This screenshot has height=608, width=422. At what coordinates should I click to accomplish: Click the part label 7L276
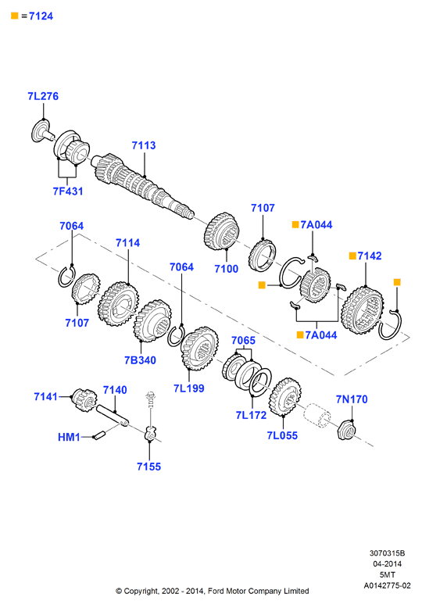point(43,96)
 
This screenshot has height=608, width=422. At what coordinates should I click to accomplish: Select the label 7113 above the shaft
point(144,145)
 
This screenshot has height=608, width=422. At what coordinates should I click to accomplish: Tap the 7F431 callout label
point(68,191)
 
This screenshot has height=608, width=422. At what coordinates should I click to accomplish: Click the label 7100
point(226,269)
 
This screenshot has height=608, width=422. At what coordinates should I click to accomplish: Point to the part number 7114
point(127,243)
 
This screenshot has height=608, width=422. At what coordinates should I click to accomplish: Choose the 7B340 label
point(140,360)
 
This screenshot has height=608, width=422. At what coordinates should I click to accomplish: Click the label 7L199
point(189,388)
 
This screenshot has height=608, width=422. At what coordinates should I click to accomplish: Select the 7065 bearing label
point(243,341)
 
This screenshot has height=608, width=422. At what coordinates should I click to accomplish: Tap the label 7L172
point(251,415)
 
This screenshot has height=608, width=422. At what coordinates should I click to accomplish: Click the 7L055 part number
point(282,435)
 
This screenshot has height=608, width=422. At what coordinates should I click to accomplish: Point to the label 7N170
point(352,399)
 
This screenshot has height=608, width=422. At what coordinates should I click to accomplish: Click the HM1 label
point(69,438)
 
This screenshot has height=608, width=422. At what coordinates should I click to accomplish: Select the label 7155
point(148,467)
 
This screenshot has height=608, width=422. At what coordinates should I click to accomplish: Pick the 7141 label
point(46,397)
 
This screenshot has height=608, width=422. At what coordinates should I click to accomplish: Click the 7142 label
point(369,256)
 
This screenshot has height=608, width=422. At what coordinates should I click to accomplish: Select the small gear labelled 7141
point(84,399)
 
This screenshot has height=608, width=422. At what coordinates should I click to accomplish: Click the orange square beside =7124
point(15,16)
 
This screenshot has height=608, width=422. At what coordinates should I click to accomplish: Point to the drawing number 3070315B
point(387,553)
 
